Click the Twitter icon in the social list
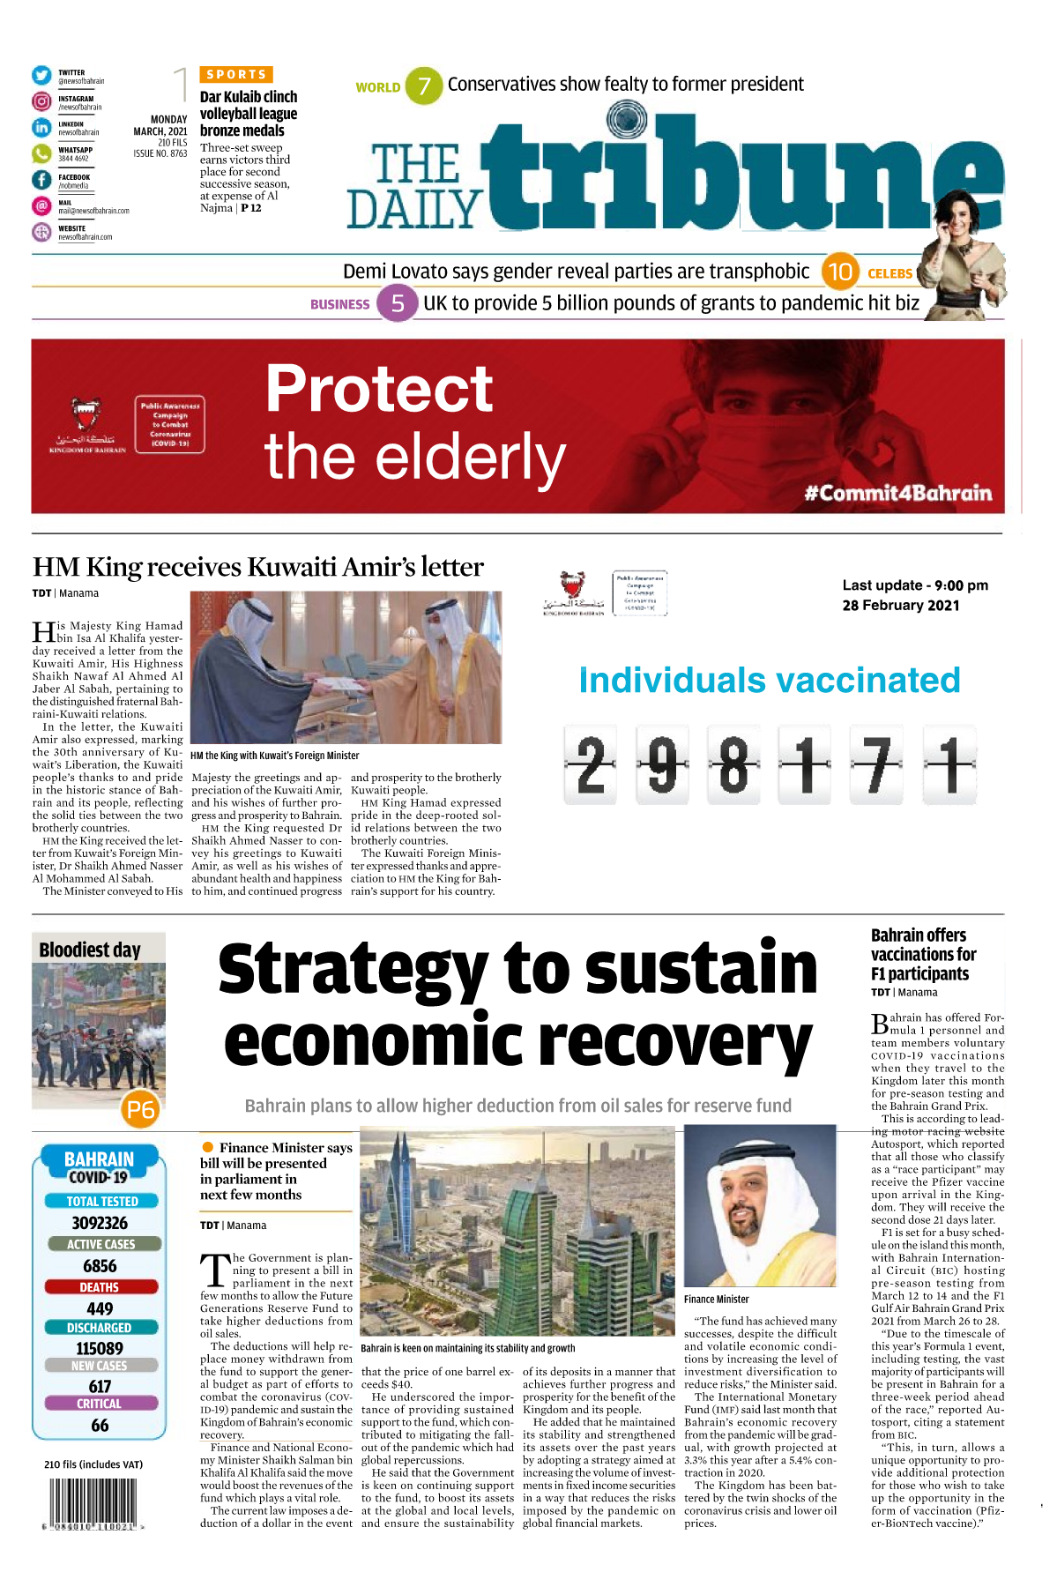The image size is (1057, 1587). (41, 76)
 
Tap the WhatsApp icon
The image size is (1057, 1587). (41, 153)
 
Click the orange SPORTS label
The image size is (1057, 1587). (236, 75)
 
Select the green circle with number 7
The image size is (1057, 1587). (424, 86)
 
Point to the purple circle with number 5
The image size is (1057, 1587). (398, 303)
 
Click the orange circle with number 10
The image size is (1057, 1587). (840, 272)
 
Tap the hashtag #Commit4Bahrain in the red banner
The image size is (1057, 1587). (897, 492)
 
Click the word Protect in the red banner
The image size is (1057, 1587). (379, 389)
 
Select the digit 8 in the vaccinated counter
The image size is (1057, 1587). (733, 764)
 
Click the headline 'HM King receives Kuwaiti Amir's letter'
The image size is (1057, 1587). (257, 567)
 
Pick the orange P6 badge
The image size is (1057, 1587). (140, 1109)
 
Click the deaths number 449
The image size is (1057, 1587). (100, 1308)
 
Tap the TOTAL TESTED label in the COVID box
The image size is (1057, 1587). (101, 1201)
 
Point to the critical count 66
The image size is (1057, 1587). (100, 1425)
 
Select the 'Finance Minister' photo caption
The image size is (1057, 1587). (716, 1299)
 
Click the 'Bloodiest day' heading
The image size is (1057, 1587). (90, 950)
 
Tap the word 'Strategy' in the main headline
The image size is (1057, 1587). (353, 970)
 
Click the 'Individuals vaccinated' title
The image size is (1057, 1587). (769, 681)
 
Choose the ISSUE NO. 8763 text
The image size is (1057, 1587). (160, 153)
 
